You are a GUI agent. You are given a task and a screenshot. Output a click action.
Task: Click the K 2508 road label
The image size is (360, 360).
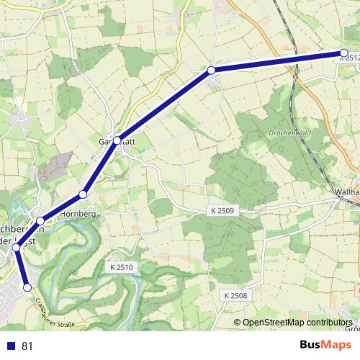[x=235, y=295]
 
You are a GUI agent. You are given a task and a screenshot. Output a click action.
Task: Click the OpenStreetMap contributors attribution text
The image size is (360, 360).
[x=297, y=323]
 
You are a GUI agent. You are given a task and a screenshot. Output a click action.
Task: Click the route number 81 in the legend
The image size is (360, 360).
[x=27, y=346]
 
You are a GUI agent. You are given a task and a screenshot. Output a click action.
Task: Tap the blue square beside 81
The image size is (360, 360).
[x=10, y=346]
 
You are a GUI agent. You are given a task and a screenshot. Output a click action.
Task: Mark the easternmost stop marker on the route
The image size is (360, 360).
[x=343, y=53]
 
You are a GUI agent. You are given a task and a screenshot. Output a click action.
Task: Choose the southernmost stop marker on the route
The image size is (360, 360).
[x=28, y=287]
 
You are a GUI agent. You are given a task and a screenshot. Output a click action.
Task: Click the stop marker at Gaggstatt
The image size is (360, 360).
[x=117, y=140]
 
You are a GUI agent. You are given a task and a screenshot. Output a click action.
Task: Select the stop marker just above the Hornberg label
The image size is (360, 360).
[x=84, y=194]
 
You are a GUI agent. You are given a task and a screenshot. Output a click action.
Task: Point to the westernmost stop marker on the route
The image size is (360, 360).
[x=16, y=248]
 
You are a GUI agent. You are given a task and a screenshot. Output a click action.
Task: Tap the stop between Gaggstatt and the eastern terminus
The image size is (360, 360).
[x=211, y=70]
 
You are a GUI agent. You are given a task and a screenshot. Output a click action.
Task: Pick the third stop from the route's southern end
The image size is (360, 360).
[x=41, y=221]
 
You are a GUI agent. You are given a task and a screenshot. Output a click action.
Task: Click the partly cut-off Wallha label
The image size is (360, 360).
[x=346, y=192]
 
